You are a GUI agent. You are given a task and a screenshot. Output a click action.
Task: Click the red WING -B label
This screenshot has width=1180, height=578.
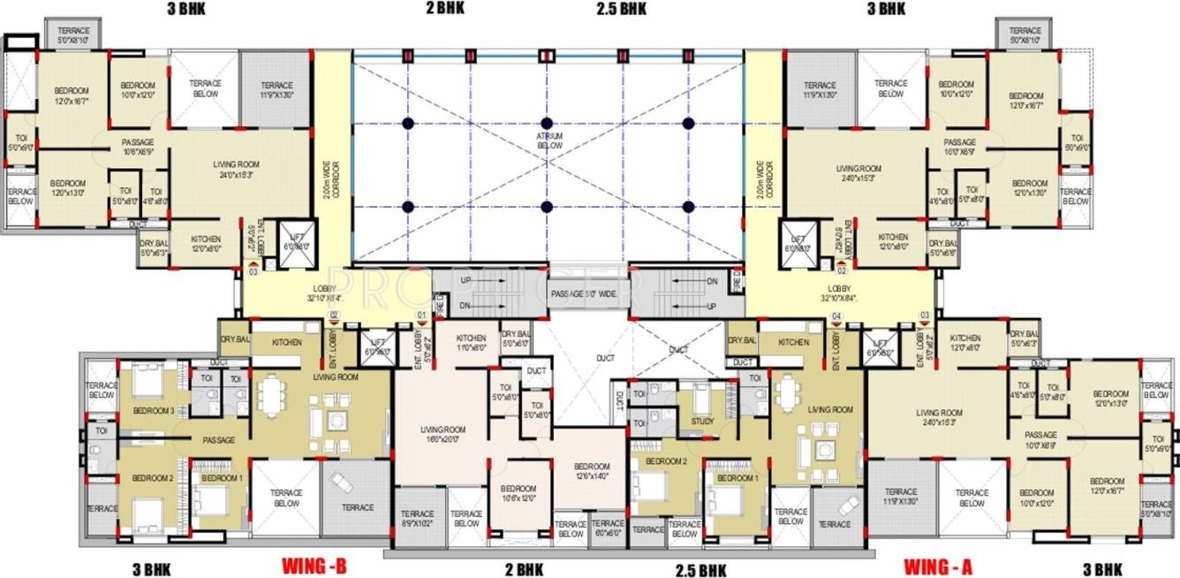tap(314, 565)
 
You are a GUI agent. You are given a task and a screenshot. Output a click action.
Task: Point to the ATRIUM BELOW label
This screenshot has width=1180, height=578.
tap(548, 141)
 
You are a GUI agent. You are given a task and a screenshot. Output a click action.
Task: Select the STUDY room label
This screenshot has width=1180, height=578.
tap(703, 422)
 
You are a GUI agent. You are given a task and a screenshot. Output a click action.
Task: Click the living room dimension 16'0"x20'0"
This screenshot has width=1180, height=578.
tap(442, 441)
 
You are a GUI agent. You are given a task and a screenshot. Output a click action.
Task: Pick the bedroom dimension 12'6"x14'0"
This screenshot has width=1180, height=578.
tap(591, 478)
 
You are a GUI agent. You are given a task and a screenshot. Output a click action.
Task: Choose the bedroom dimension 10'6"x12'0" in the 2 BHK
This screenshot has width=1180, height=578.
tap(518, 498)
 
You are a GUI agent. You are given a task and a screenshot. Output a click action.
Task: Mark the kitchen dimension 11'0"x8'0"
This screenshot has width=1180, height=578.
tap(471, 348)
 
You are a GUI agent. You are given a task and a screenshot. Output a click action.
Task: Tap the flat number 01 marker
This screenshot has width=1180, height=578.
tap(421, 315)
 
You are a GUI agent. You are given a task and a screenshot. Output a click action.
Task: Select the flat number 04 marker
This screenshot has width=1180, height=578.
tap(836, 315)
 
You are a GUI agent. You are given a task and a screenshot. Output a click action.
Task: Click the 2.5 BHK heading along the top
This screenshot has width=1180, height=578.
tap(620, 9)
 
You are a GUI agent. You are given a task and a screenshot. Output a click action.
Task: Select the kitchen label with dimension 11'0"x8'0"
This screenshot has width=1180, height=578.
tap(471, 338)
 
